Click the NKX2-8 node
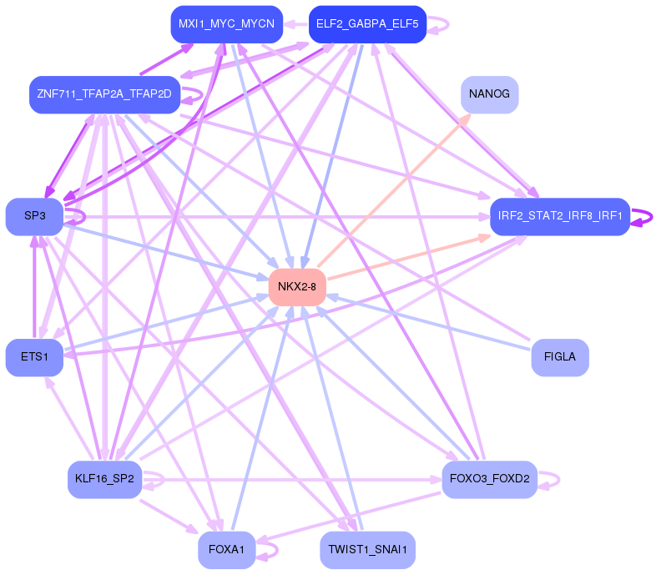[x=296, y=287]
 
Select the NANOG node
[x=489, y=94]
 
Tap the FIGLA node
[x=559, y=357]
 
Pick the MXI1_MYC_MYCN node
[x=226, y=24]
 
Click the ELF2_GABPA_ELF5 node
[x=367, y=24]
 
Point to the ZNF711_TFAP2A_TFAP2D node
[x=104, y=94]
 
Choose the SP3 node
[x=34, y=216]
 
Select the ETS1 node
[x=34, y=357]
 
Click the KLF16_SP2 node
[x=104, y=479]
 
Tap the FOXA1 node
[x=226, y=549]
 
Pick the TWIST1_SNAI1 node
[x=367, y=549]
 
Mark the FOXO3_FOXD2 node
[x=489, y=479]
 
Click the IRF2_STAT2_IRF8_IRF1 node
[x=559, y=216]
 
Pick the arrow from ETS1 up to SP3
[x=34, y=288]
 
